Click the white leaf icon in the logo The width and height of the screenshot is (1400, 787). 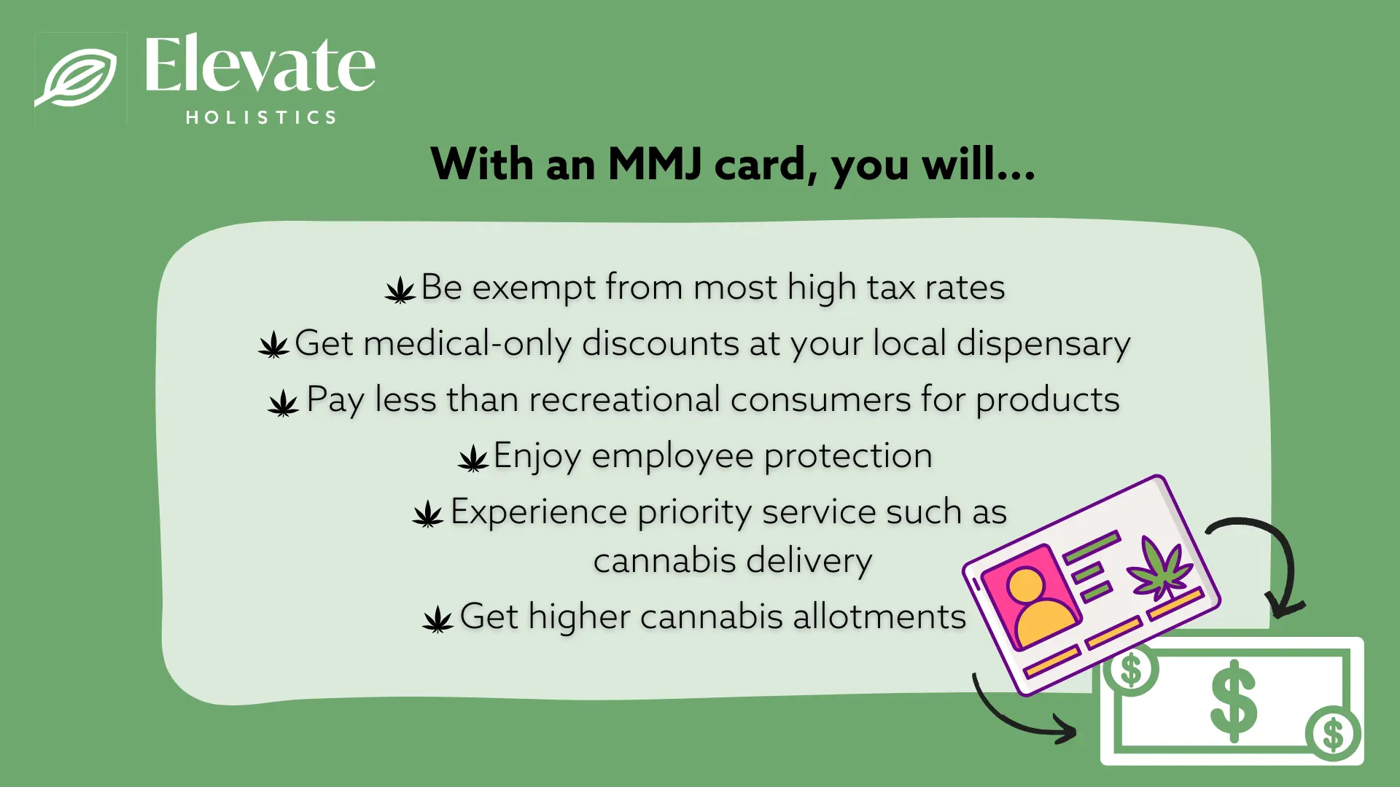coord(77,77)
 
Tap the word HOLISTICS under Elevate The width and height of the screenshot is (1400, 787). coord(261,117)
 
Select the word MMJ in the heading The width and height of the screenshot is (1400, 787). coord(654,164)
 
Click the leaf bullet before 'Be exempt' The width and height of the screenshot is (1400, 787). coord(400,290)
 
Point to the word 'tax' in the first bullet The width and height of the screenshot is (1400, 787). coord(891,287)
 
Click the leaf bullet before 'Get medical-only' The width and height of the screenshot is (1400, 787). coord(274,345)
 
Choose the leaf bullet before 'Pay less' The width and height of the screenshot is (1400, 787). coord(283,402)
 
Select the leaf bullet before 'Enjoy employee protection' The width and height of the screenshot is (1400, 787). coord(473,459)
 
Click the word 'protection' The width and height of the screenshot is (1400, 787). coord(848,456)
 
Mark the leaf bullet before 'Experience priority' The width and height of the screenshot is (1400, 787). coord(428,514)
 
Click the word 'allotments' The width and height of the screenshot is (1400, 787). coord(879,616)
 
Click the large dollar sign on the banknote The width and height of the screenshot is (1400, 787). coord(1233,701)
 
